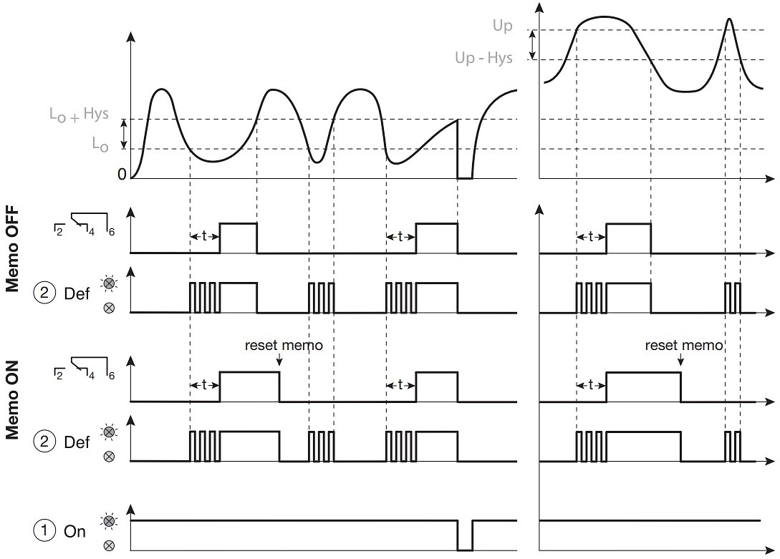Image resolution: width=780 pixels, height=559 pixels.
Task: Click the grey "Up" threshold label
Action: point(502,25)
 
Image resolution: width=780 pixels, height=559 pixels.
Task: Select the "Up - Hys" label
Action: point(483,58)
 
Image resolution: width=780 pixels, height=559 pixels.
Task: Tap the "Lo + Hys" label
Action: point(79,115)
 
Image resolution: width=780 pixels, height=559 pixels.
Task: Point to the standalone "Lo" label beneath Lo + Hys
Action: point(100,144)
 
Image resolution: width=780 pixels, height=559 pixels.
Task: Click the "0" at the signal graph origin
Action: point(122,175)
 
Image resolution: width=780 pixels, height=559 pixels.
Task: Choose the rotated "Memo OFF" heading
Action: point(12,249)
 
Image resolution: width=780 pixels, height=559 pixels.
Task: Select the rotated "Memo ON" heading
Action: point(12,400)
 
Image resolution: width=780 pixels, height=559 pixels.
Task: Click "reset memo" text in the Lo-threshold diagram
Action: point(284,345)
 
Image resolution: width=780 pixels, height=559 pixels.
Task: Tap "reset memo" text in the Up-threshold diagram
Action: point(683,345)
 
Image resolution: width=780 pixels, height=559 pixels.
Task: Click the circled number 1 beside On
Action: point(44,530)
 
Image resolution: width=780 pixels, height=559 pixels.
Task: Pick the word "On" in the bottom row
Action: point(74,531)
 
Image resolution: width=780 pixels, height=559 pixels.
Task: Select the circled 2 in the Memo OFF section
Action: point(44,293)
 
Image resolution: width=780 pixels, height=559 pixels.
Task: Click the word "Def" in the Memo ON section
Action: point(77,442)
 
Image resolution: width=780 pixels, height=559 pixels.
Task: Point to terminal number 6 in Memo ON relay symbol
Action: point(112,376)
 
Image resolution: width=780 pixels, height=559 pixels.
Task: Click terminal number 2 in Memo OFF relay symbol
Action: point(59,232)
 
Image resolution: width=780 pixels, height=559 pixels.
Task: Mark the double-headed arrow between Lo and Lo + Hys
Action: point(125,134)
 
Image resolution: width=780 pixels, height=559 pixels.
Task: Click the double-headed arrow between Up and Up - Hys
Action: point(533,44)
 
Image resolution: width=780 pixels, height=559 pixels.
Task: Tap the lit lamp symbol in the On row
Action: point(108,521)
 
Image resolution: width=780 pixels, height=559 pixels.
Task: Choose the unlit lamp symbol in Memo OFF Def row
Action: point(108,308)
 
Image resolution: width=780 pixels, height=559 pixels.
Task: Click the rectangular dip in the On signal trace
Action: point(465,535)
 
